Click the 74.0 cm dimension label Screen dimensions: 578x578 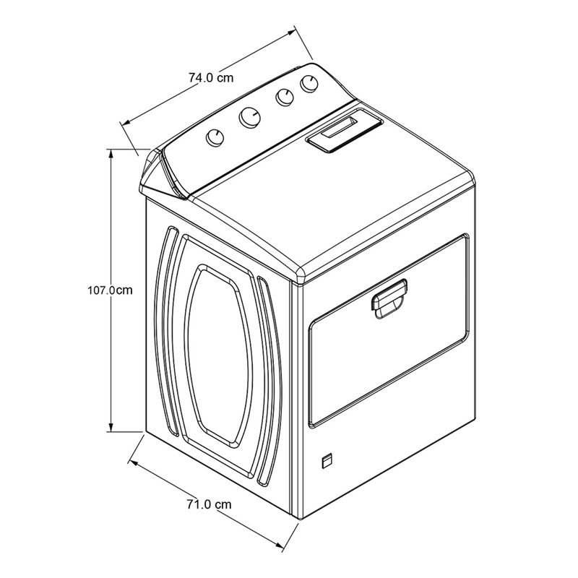(x=211, y=78)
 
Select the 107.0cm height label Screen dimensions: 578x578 (x=110, y=290)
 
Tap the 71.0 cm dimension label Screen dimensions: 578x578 (x=209, y=504)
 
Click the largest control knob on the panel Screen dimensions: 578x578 (x=249, y=117)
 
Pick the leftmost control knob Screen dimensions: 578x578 (x=215, y=138)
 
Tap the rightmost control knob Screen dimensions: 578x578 (x=309, y=84)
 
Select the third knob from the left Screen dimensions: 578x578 (x=285, y=98)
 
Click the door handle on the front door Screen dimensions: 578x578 (x=389, y=298)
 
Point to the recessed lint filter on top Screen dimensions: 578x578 (x=344, y=130)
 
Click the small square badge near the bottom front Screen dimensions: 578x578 (x=327, y=462)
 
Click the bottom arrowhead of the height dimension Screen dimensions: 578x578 (x=111, y=427)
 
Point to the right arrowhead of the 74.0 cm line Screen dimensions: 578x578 (x=292, y=33)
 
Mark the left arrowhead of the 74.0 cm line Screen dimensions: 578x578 (x=126, y=122)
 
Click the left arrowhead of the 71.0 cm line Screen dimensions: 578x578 (x=133, y=463)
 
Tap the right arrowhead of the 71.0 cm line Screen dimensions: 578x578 (x=278, y=544)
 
